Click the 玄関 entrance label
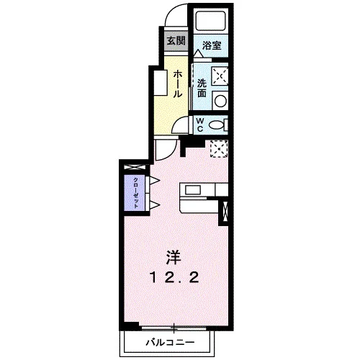click(176, 41)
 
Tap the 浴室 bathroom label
click(212, 45)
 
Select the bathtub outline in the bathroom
click(211, 21)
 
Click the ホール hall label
click(178, 84)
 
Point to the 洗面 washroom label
click(202, 88)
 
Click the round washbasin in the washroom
click(220, 101)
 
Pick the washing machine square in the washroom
click(220, 76)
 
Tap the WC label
click(200, 125)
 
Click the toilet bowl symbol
click(216, 125)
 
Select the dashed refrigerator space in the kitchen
click(219, 149)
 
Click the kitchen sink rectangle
click(193, 190)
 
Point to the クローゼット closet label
click(135, 193)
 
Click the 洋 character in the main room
click(174, 258)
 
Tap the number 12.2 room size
click(174, 278)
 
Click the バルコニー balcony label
click(170, 342)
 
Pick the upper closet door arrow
click(154, 180)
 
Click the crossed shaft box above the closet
click(135, 167)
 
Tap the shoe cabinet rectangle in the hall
click(160, 83)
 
